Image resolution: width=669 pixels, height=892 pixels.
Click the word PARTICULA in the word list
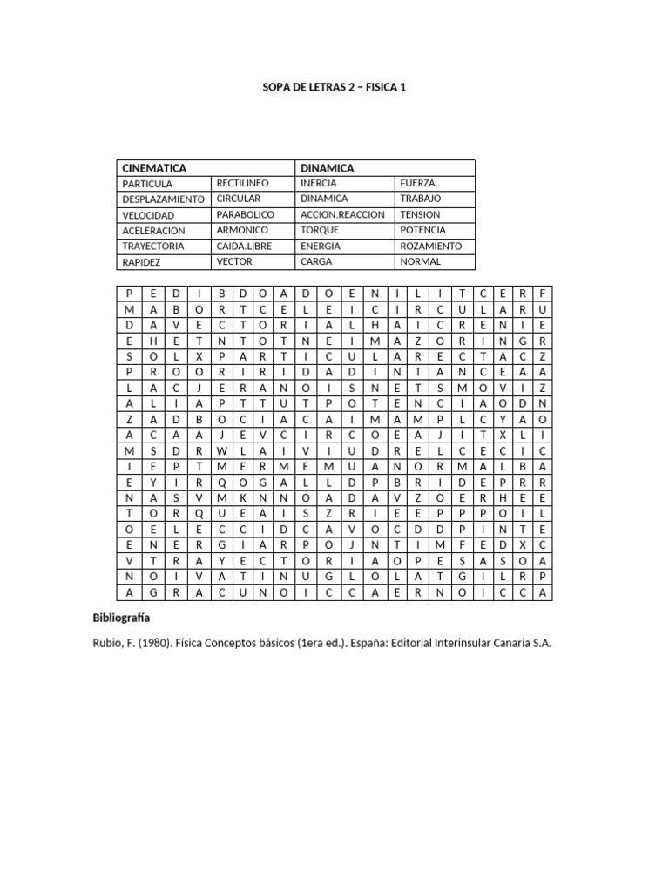pos(147,184)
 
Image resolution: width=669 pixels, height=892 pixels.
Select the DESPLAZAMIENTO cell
pos(163,199)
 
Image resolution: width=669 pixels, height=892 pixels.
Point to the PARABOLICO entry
pos(245,214)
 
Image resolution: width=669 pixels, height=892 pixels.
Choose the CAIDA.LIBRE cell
pos(244,247)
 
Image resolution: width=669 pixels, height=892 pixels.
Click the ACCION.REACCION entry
pos(341,214)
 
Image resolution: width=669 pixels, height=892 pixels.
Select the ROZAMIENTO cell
pos(431,247)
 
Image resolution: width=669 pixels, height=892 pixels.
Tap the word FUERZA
pos(417,184)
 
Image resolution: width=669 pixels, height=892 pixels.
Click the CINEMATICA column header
pos(154,167)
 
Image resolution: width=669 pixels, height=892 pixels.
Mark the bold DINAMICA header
pos(327,167)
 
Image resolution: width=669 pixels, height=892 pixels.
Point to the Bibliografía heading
pos(121,618)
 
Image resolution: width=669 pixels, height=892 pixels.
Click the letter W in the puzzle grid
pos(221,450)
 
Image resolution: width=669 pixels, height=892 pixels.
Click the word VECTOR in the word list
pos(233,261)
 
